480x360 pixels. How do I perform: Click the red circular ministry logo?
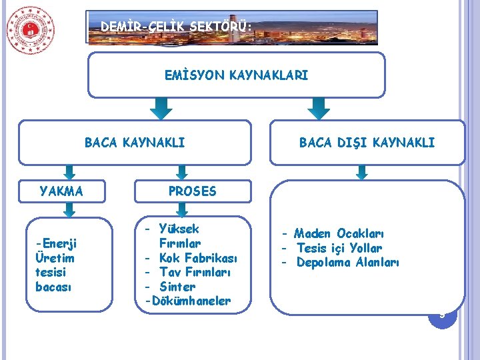(31, 31)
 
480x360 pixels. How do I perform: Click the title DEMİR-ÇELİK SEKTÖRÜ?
(177, 27)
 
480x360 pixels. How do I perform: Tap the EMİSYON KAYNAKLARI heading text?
(237, 76)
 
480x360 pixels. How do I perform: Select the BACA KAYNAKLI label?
(135, 142)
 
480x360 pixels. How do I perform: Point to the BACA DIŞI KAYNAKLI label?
(367, 142)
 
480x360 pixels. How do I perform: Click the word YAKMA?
(61, 191)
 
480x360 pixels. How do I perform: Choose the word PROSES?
(192, 191)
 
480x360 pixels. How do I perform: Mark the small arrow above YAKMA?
(65, 171)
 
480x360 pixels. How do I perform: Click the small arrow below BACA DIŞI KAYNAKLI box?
(362, 172)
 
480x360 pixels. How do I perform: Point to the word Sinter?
(177, 287)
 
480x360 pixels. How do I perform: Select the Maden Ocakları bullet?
(339, 233)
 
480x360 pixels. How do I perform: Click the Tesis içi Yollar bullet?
(340, 248)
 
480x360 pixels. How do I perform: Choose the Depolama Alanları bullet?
(347, 263)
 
